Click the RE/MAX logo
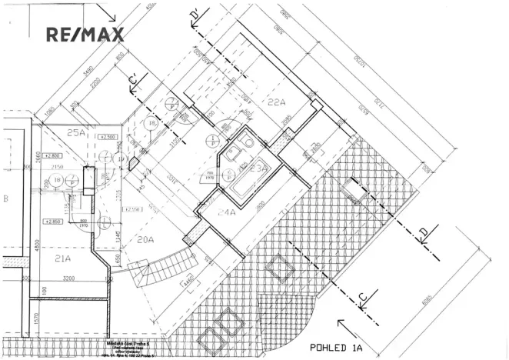pyautogui.click(x=85, y=35)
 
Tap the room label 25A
pyautogui.click(x=76, y=132)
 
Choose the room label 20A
pyautogui.click(x=145, y=239)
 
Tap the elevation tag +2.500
pyautogui.click(x=107, y=136)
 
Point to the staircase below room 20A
pyautogui.click(x=153, y=274)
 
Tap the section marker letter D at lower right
pyautogui.click(x=422, y=232)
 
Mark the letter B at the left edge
pyautogui.click(x=5, y=199)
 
